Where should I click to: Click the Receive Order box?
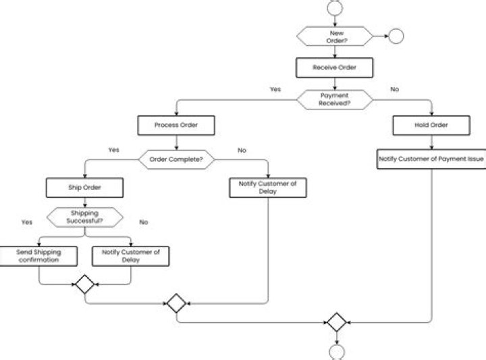click(334, 68)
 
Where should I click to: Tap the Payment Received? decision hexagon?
click(334, 99)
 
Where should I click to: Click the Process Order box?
click(175, 125)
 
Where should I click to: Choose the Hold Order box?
click(431, 125)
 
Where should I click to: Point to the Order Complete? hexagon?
click(175, 159)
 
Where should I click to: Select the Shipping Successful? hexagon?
click(84, 217)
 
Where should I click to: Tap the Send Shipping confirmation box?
click(38, 255)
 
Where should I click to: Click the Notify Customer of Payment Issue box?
click(431, 159)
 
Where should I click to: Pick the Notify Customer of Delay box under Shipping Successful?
click(130, 255)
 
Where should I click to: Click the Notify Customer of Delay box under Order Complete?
click(268, 187)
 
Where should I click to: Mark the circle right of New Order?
click(396, 36)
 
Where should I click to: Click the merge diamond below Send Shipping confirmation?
click(84, 285)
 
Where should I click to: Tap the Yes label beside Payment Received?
click(275, 89)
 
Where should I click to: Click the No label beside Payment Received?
click(394, 89)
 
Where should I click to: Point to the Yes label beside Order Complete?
click(113, 150)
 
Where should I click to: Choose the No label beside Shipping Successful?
click(144, 222)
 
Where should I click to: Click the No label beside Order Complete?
click(242, 150)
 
